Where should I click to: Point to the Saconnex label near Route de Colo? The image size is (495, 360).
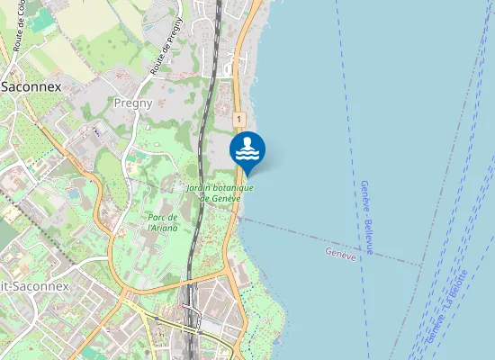click(31, 87)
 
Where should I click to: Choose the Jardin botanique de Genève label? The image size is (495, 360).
click(220, 193)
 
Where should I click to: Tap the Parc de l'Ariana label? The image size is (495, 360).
click(163, 222)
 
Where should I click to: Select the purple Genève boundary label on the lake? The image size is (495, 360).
click(341, 253)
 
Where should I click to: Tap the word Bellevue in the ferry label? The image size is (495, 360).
click(369, 236)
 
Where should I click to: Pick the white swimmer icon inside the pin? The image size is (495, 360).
click(247, 147)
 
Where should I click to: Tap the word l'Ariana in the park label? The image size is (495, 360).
click(163, 228)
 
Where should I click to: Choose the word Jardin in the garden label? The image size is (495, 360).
click(199, 188)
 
